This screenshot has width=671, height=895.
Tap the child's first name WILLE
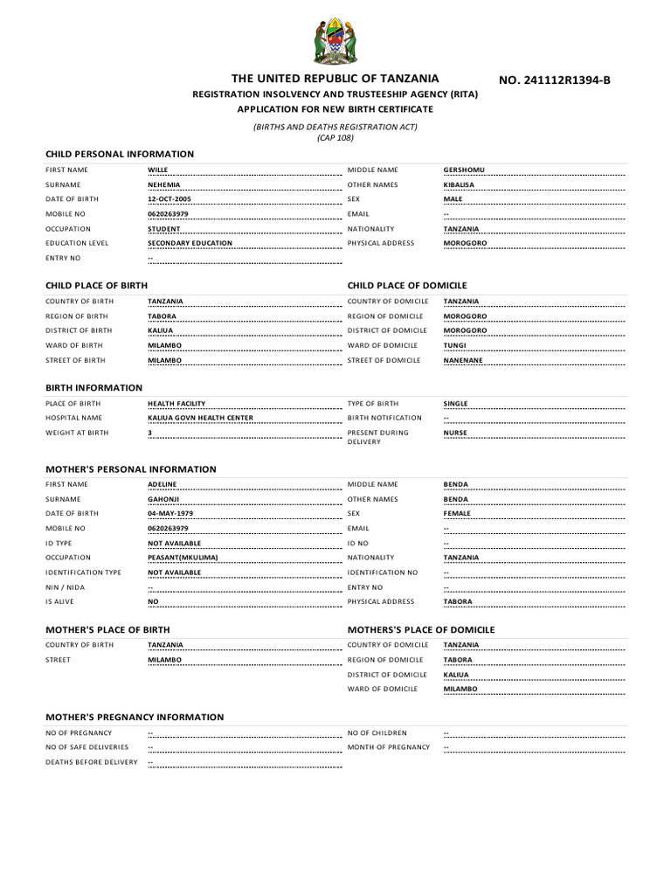tap(157, 170)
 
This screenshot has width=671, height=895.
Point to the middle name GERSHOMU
tap(463, 170)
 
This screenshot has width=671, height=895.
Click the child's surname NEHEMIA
tap(164, 184)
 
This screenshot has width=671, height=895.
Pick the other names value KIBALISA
tap(460, 184)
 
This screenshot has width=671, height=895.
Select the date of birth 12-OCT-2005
tap(169, 199)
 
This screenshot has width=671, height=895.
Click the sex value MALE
tap(453, 199)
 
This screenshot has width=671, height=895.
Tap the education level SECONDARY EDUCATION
tap(190, 243)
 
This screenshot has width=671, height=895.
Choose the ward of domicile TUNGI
tap(454, 345)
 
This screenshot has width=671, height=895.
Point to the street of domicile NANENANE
tap(462, 360)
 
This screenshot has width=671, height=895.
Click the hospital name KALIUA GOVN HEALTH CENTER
tap(200, 418)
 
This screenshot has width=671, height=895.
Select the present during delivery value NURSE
tap(455, 433)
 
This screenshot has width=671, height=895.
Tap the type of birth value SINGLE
tap(455, 404)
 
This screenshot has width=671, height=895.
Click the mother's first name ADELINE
tap(163, 484)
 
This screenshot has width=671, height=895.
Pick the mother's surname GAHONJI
tap(163, 499)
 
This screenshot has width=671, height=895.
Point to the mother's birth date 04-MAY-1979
tap(170, 513)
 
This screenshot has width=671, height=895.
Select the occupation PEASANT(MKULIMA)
tap(183, 558)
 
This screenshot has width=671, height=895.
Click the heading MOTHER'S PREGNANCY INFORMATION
tap(135, 717)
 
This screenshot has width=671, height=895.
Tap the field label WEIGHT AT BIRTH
tap(78, 433)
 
